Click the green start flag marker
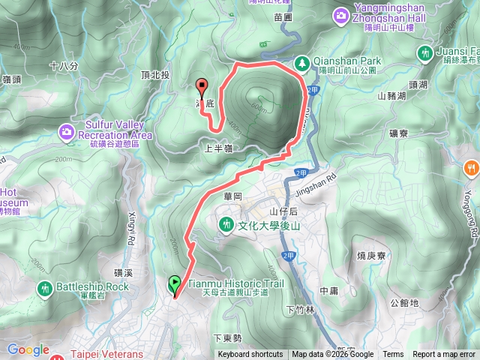[175, 284]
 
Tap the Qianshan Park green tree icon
[301, 63]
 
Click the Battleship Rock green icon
[46, 287]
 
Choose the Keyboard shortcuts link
[250, 355]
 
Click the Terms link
[393, 355]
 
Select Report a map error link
[443, 355]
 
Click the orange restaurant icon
[471, 166]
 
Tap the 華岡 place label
[233, 196]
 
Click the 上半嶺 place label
[218, 149]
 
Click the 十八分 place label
[63, 66]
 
